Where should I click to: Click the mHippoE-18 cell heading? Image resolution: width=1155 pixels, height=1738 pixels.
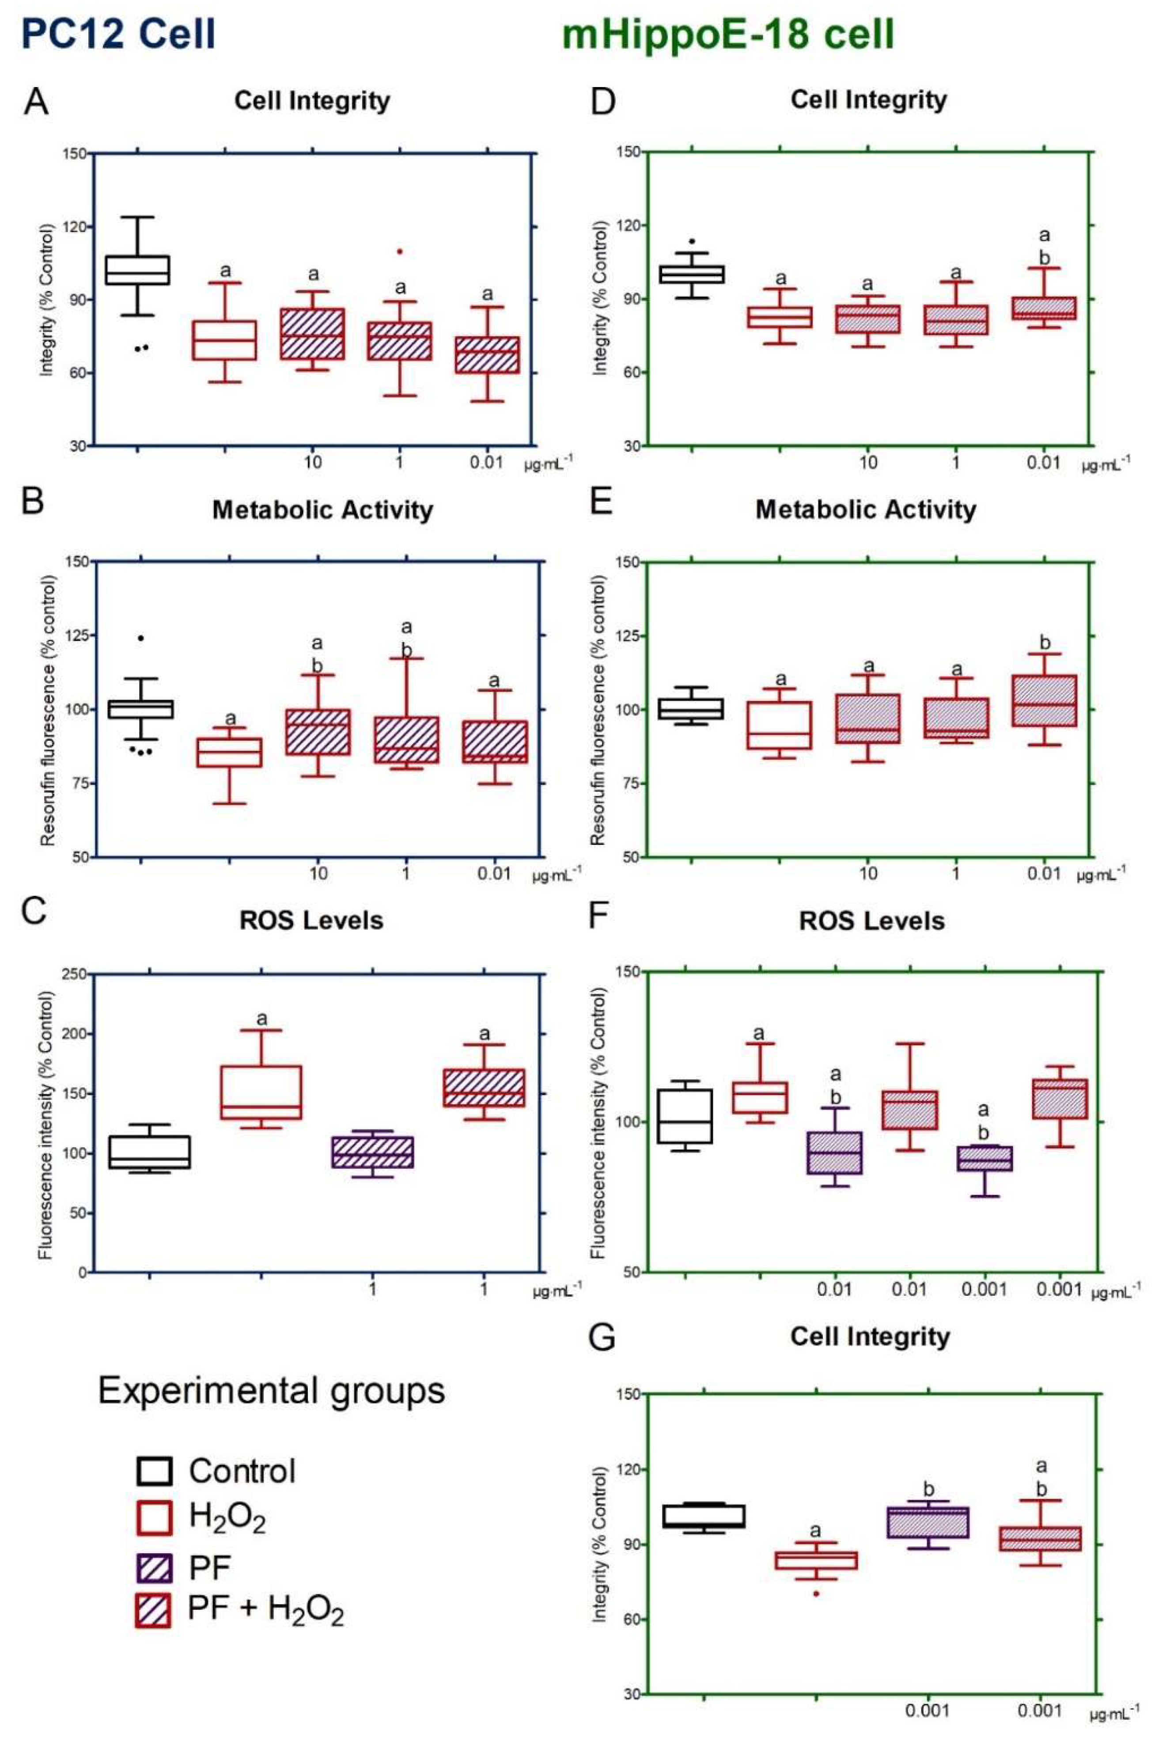pyautogui.click(x=728, y=34)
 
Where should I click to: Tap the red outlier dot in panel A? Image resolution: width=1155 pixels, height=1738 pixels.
pyautogui.click(x=400, y=251)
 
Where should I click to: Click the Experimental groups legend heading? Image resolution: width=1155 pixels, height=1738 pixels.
pyautogui.click(x=271, y=1391)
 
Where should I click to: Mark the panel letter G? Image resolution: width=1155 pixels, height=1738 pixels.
pyautogui.click(x=602, y=1337)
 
